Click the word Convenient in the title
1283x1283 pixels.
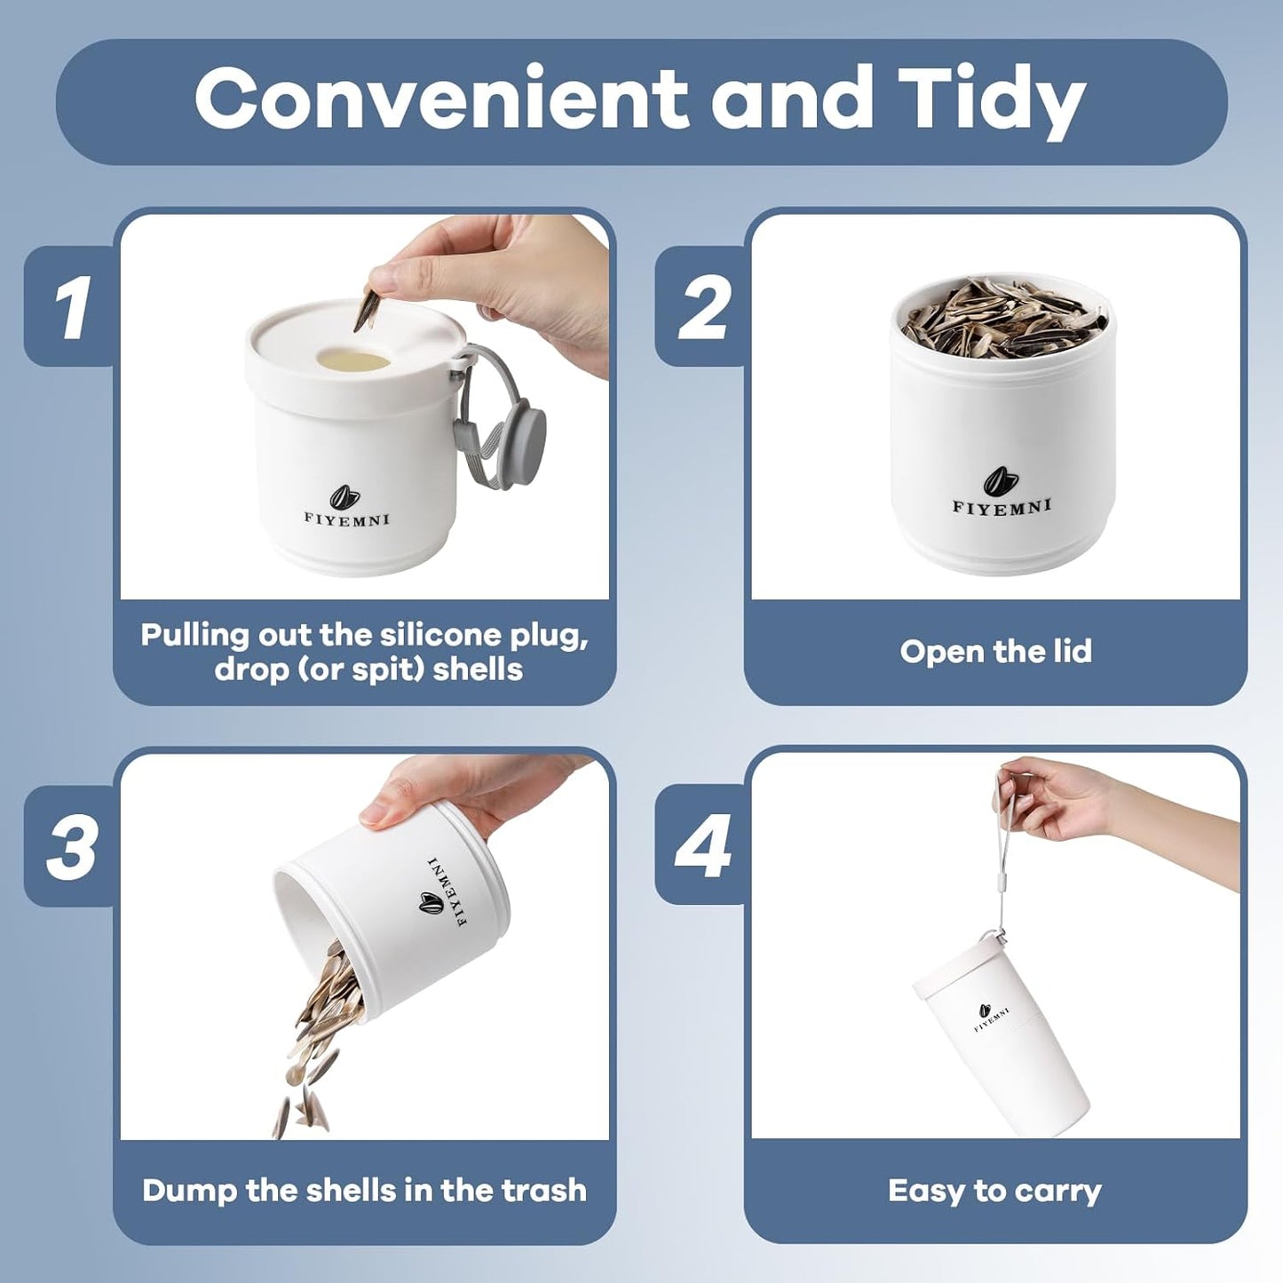click(x=441, y=99)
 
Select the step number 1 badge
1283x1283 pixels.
click(x=69, y=307)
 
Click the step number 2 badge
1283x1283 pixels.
click(x=700, y=307)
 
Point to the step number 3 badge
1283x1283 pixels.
click(x=69, y=845)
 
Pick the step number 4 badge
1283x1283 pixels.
click(x=700, y=845)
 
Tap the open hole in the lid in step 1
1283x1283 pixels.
click(x=352, y=361)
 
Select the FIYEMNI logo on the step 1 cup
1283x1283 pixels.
click(x=346, y=507)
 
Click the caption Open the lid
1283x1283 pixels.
click(x=996, y=651)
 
